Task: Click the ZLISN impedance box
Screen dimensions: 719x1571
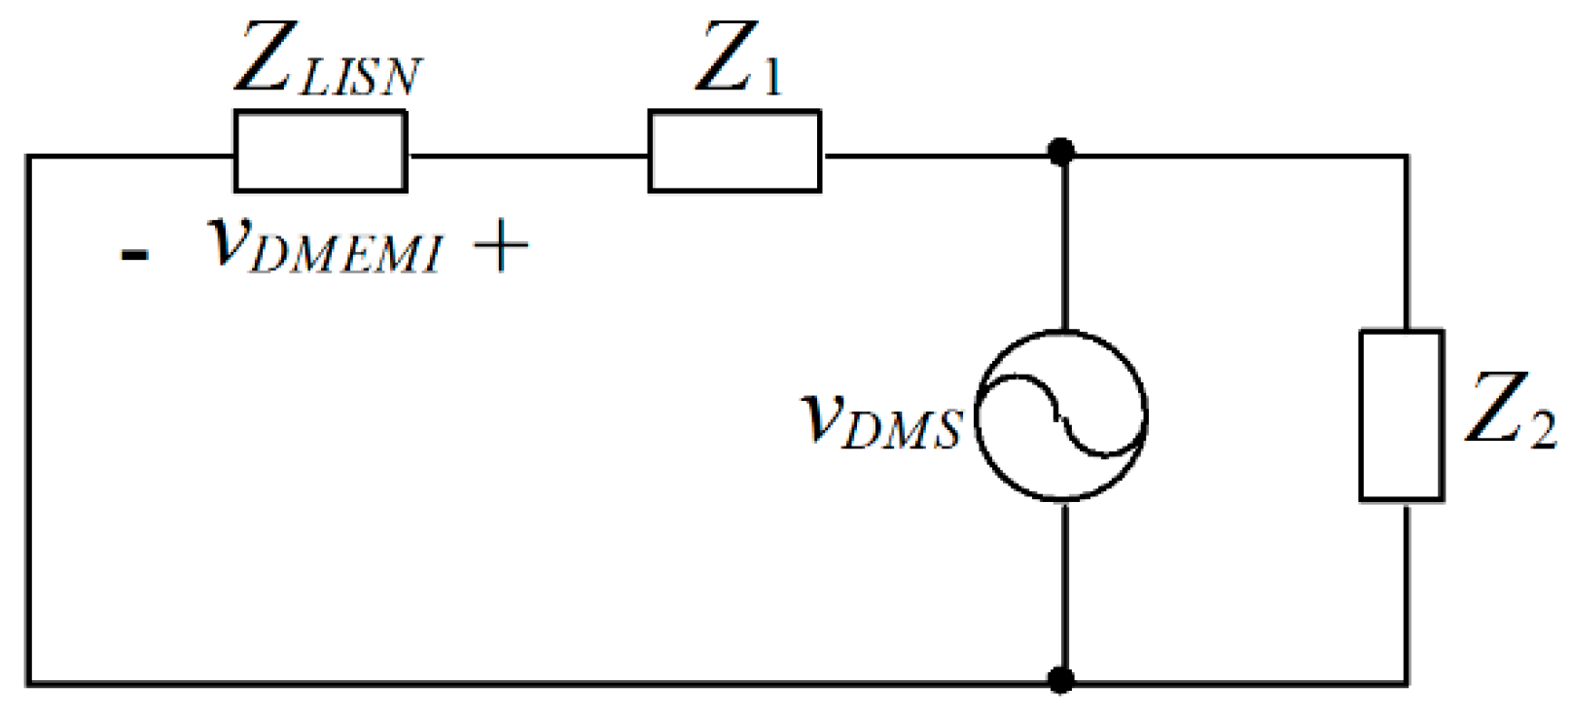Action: [320, 151]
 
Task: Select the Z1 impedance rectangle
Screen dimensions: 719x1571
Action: [734, 151]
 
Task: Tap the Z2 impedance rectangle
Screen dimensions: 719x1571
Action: [1401, 415]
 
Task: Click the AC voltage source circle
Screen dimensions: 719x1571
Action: [1061, 415]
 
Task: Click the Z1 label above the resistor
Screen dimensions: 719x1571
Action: [739, 60]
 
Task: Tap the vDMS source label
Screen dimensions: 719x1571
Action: [881, 420]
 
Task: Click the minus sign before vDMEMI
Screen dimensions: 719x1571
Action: [134, 255]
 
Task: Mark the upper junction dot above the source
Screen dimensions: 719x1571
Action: [1061, 152]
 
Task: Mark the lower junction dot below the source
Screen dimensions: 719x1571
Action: [1061, 678]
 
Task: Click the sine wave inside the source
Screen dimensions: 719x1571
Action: [1061, 415]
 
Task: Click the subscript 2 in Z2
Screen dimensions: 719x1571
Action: [1543, 429]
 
